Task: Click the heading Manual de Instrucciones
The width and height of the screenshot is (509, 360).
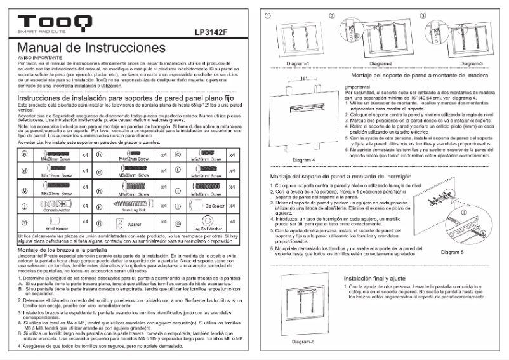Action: coord(92,48)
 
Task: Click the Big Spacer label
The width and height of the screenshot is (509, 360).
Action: coord(212,207)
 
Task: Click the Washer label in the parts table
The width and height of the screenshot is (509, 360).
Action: coord(136,224)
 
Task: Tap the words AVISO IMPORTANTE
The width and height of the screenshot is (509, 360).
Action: coord(36,57)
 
